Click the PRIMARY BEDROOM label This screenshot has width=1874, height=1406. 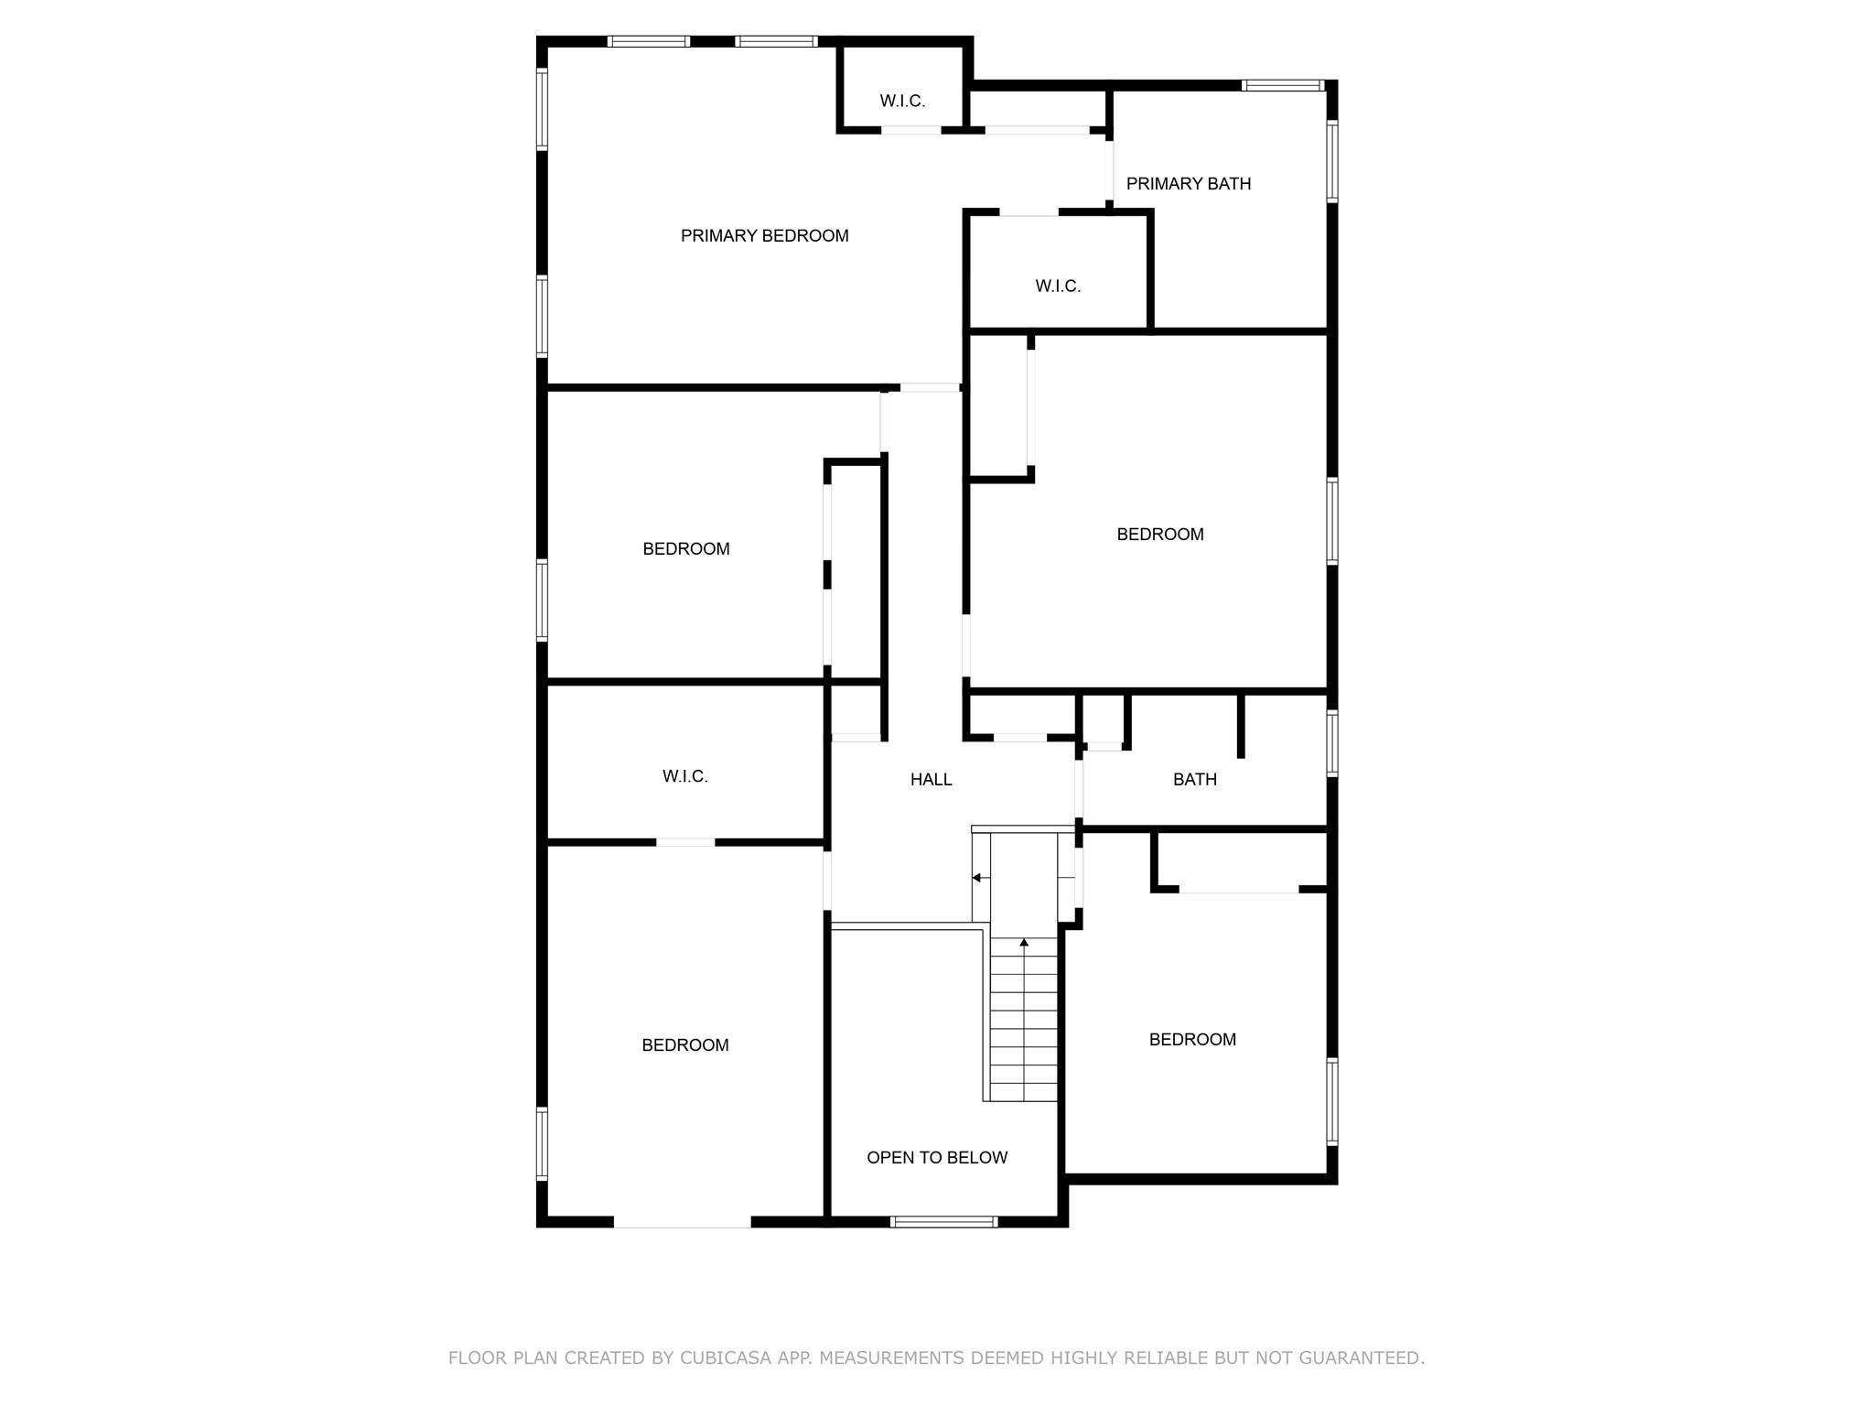(764, 236)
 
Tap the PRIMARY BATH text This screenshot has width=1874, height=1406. (1188, 184)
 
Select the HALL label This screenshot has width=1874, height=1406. (931, 780)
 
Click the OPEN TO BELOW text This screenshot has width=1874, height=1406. (936, 1158)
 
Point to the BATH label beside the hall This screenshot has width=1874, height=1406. (1194, 780)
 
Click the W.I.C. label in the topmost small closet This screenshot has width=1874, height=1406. (902, 102)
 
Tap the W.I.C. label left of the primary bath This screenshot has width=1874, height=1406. (1058, 287)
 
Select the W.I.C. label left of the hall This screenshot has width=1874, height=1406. (684, 777)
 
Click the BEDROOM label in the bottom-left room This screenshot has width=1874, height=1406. (684, 1045)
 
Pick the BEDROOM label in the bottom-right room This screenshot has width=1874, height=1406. (1191, 1040)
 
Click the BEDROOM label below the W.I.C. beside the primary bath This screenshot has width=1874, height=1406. (1159, 535)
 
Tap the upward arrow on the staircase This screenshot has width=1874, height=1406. (1024, 942)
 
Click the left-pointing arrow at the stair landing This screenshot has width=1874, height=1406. (977, 878)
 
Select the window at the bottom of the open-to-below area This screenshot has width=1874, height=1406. (942, 1222)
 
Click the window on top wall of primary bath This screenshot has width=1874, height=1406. (1282, 86)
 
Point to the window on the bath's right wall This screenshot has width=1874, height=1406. (1332, 743)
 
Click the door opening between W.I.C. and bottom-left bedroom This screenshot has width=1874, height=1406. (684, 842)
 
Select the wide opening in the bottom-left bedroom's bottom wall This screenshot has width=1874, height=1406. (682, 1222)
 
